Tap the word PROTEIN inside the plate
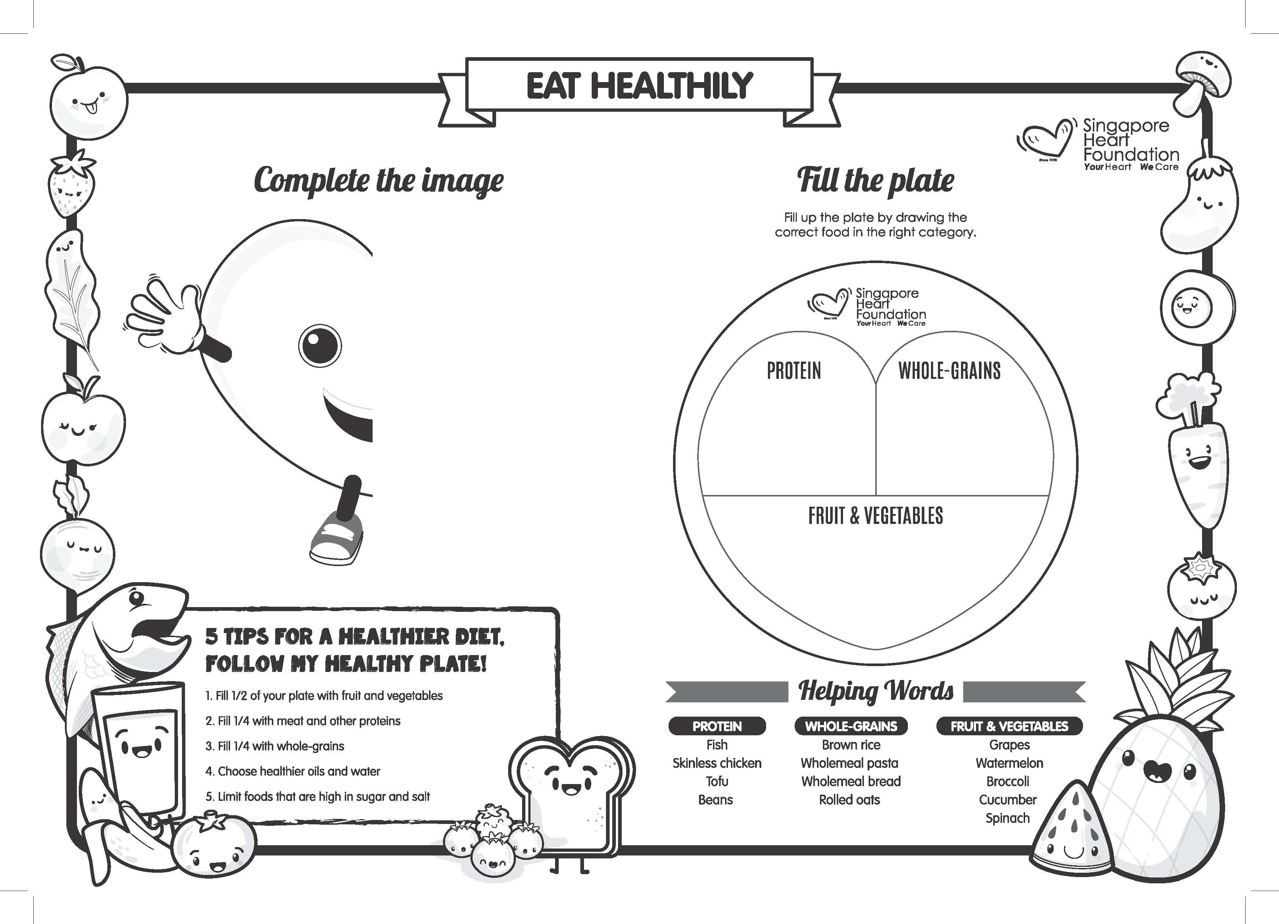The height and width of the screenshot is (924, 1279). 794,371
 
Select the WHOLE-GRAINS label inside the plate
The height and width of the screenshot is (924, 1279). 949,371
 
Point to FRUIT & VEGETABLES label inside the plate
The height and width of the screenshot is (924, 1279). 875,515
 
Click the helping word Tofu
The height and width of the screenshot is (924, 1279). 717,781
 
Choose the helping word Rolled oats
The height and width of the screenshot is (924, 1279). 849,799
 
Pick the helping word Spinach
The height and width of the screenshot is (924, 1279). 1007,818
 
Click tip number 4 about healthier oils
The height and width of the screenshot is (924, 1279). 293,771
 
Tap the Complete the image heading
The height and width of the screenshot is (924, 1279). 378,181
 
